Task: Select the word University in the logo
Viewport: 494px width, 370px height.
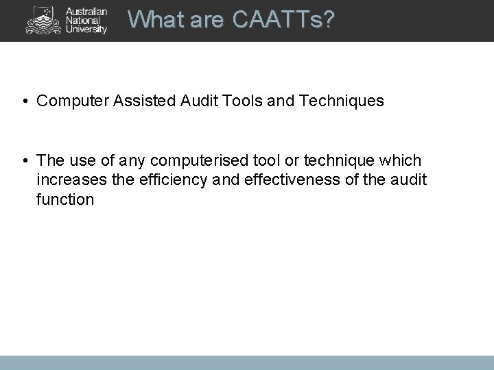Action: [86, 29]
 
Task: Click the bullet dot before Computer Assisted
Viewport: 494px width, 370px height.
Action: [24, 101]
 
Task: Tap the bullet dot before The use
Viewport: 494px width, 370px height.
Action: [24, 160]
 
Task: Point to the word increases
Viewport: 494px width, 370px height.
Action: [67, 180]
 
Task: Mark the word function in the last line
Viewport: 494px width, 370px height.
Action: [65, 200]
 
